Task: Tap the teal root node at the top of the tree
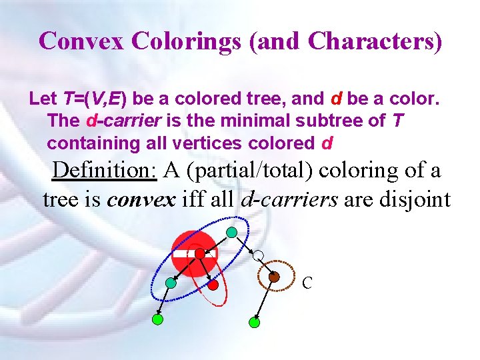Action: [231, 233]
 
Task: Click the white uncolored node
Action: [259, 255]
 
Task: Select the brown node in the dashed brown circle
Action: [274, 276]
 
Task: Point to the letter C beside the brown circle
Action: [307, 283]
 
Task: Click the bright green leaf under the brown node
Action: [253, 323]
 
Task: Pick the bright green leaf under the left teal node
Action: [157, 319]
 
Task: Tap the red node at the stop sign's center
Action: [199, 254]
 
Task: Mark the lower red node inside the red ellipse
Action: [213, 284]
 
